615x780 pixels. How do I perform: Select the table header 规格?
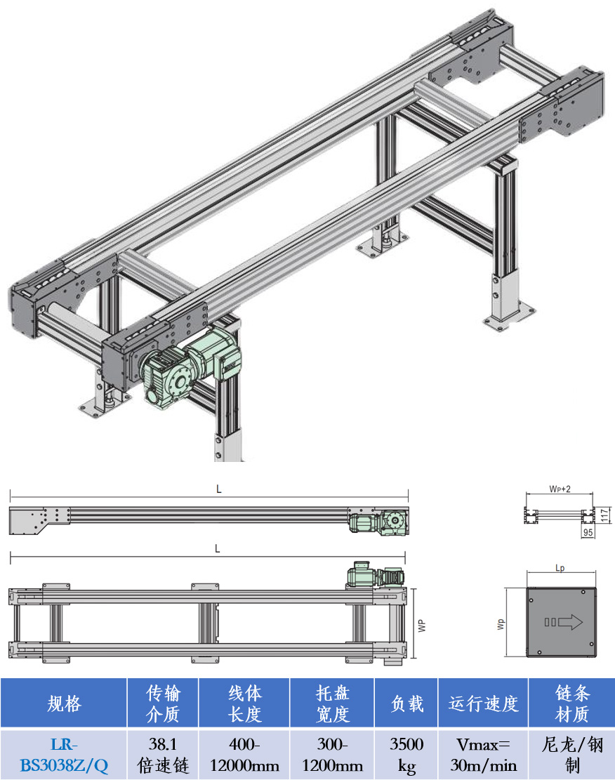[64, 703]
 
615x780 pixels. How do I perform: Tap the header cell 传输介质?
[163, 703]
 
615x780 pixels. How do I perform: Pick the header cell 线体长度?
[244, 703]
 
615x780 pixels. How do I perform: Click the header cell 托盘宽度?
[332, 703]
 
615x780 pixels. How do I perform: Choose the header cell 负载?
[406, 703]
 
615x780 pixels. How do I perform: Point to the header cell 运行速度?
[483, 703]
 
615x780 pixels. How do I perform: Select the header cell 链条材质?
[571, 703]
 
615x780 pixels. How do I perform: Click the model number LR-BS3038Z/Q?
[64, 755]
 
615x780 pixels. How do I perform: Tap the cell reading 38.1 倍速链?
[163, 755]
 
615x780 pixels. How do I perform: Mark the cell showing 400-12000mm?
[244, 755]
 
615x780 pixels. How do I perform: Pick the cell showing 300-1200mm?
[332, 755]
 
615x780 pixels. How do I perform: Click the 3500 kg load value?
[406, 755]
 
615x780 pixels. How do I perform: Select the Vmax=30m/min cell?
[483, 755]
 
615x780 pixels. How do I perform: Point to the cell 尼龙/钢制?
[571, 755]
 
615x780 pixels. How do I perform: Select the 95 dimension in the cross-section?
[588, 534]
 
